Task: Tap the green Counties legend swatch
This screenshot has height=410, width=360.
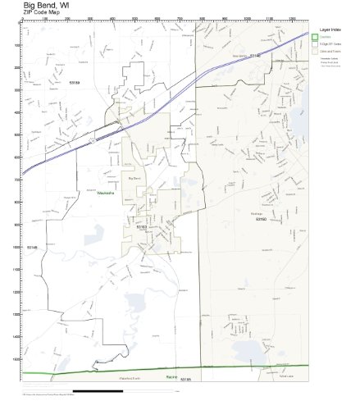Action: (x=315, y=36)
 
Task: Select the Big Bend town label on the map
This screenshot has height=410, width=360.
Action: (x=135, y=177)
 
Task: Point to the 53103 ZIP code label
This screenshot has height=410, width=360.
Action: (x=141, y=226)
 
